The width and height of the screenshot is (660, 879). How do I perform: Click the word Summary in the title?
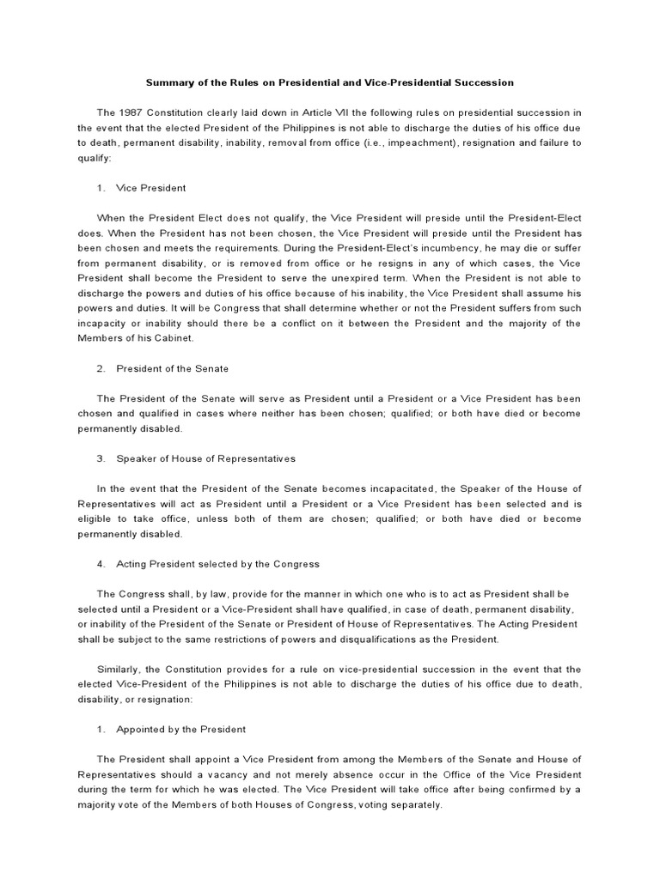pos(168,82)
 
